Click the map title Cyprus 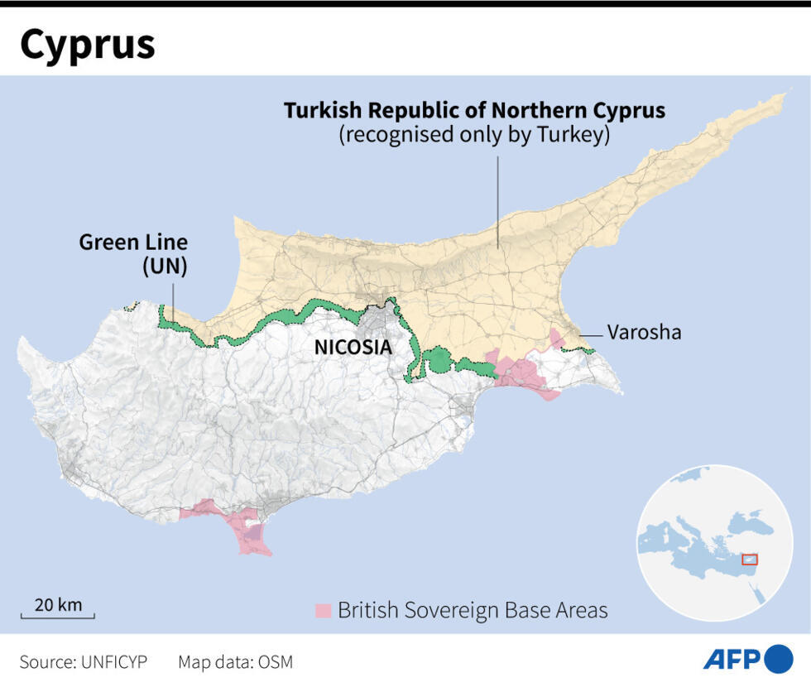[88, 46]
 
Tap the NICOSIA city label [353, 347]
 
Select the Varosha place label [644, 333]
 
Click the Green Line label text [133, 243]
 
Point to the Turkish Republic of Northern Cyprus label [474, 111]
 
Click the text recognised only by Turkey [474, 136]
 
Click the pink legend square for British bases [323, 611]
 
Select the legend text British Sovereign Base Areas [473, 611]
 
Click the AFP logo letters [732, 659]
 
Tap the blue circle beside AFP [778, 659]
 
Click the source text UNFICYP [113, 662]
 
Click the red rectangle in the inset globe [750, 560]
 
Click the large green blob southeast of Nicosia [439, 361]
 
